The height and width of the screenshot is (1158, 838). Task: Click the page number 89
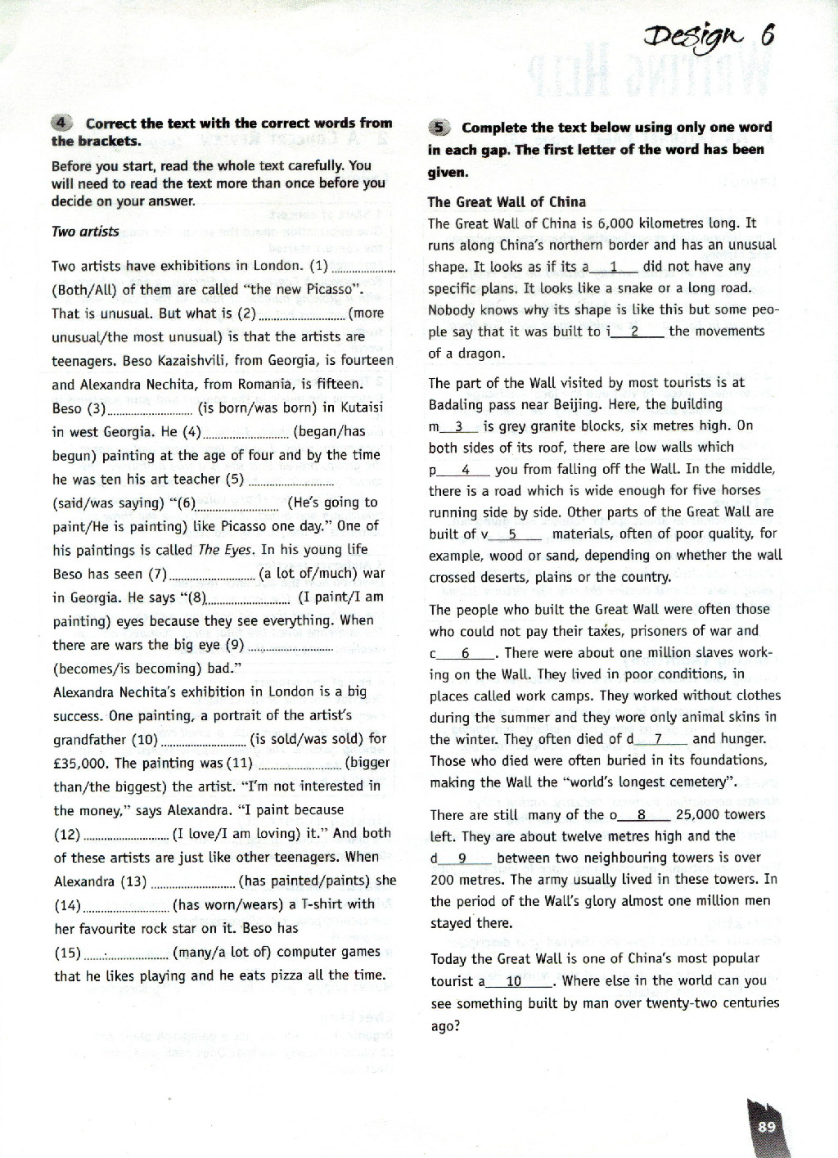click(x=766, y=1127)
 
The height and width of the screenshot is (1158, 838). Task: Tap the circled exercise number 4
click(x=63, y=124)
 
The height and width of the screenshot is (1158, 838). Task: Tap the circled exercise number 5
click(x=439, y=128)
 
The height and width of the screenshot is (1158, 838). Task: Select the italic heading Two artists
click(x=85, y=232)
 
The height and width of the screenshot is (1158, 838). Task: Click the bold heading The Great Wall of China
click(x=507, y=202)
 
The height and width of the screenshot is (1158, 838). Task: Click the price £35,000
click(x=82, y=763)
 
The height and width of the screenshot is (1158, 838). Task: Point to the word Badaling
click(x=461, y=404)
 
